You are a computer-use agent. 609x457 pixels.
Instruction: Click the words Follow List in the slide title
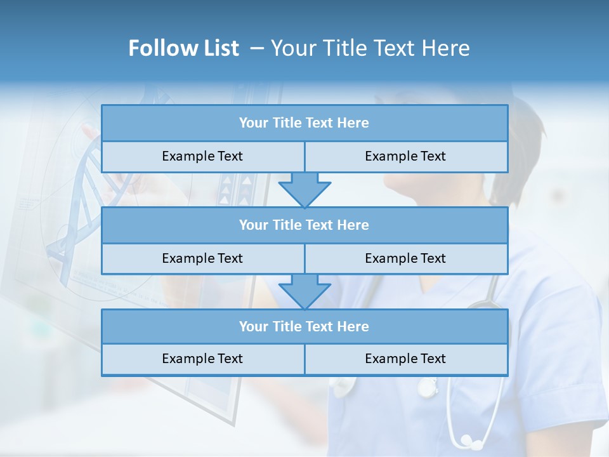click(x=183, y=48)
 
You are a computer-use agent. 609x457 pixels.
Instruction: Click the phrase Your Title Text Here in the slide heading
click(x=370, y=48)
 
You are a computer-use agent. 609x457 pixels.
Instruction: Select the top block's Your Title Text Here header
click(x=304, y=123)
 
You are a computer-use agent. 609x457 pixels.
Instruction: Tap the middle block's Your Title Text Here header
click(x=304, y=225)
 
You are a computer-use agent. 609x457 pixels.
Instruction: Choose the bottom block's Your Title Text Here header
click(x=304, y=326)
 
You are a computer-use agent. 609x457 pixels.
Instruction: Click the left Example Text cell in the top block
click(x=202, y=156)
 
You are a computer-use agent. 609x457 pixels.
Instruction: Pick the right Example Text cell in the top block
click(x=405, y=156)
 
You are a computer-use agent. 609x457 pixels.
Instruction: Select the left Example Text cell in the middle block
click(x=202, y=258)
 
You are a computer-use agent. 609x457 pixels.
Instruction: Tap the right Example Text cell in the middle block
click(x=405, y=258)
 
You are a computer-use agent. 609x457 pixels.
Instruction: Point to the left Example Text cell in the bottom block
click(x=202, y=359)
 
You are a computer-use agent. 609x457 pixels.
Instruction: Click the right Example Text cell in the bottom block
click(x=405, y=359)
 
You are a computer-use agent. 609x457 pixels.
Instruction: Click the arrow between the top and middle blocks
click(x=304, y=190)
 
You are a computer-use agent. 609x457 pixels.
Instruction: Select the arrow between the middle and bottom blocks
click(x=304, y=291)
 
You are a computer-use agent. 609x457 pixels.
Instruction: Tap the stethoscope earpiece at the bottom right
click(x=468, y=439)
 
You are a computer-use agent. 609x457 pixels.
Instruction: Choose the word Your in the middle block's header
click(x=253, y=225)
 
